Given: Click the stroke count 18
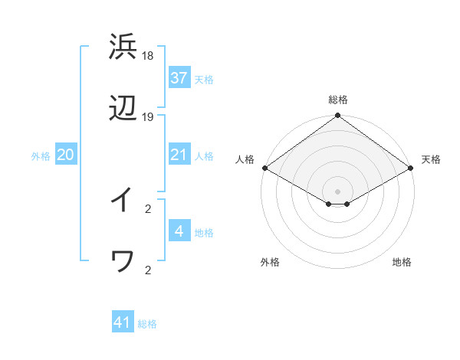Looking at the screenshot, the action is click(148, 56).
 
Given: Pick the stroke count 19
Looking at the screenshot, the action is click(148, 117).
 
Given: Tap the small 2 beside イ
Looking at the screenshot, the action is click(148, 208).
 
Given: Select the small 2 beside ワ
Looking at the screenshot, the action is click(148, 270).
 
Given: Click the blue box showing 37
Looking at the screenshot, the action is click(179, 78).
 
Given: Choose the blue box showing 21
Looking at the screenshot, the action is click(179, 155).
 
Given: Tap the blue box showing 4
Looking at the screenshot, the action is click(179, 231).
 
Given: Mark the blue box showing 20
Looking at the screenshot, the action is click(65, 155).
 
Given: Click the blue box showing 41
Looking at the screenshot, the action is click(123, 322).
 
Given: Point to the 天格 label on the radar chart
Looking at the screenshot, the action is click(432, 159).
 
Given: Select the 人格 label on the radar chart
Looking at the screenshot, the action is click(245, 159).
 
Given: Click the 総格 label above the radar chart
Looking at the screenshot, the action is click(338, 100).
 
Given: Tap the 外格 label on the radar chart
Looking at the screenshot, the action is click(270, 263).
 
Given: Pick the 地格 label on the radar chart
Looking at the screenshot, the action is click(402, 263).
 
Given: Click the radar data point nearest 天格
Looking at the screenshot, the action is click(412, 168).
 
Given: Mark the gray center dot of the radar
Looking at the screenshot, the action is click(338, 191).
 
